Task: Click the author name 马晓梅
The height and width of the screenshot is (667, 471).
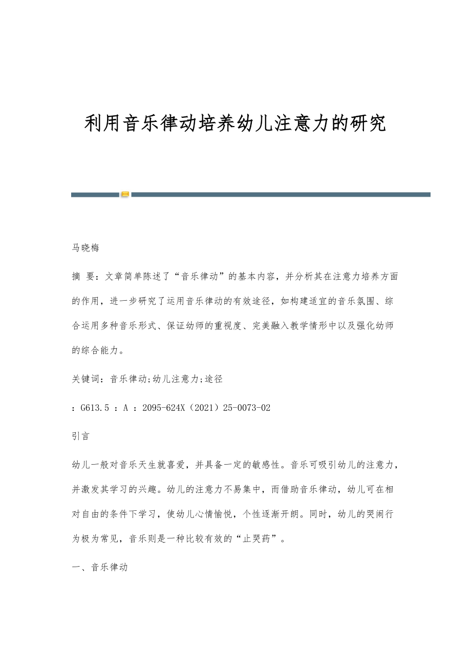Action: [85, 248]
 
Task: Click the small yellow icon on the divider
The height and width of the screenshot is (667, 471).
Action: [125, 194]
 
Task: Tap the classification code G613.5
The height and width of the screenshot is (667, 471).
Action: [95, 408]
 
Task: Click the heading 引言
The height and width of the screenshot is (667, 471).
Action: [81, 436]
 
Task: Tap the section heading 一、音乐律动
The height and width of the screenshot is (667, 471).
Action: [100, 567]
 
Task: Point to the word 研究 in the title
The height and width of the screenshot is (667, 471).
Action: [367, 123]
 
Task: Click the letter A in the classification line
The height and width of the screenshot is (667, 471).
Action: [125, 408]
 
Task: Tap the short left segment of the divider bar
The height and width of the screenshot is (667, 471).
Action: [95, 195]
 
